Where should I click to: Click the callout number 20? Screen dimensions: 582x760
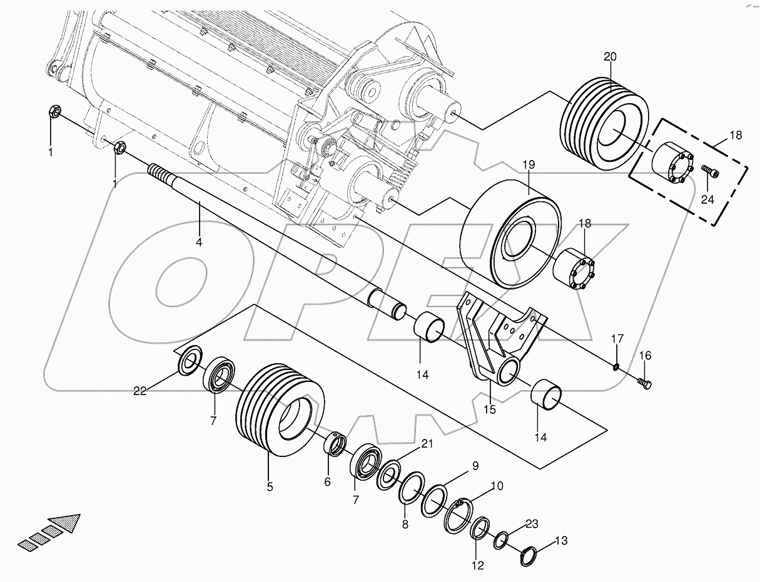[x=610, y=56]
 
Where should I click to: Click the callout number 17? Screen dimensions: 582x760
[x=617, y=338]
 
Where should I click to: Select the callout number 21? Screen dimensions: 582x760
[x=426, y=443]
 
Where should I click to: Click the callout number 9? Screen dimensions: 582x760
[x=475, y=465]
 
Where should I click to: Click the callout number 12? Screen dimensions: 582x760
[x=477, y=566]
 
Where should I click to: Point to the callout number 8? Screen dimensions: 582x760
[x=405, y=524]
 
